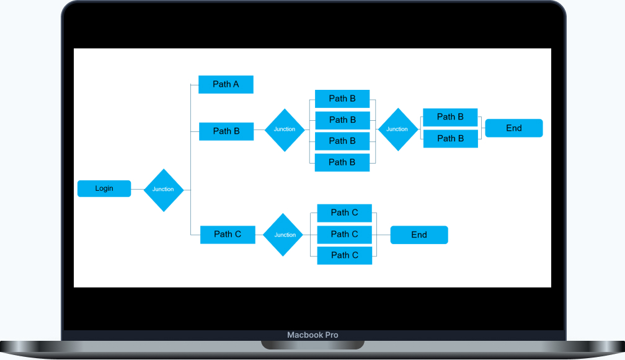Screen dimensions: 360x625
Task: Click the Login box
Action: [104, 188]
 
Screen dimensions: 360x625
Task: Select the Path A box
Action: [226, 84]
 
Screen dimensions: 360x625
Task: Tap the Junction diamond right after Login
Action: [164, 190]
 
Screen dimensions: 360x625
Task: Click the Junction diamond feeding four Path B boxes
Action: [285, 130]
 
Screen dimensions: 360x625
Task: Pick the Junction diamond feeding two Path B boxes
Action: [397, 130]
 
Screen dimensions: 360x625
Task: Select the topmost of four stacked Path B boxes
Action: [342, 99]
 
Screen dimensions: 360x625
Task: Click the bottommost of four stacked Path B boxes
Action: [342, 162]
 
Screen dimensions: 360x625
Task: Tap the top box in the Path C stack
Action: [345, 213]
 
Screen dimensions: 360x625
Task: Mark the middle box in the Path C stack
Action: [345, 234]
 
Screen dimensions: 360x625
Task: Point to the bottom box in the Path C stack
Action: [345, 255]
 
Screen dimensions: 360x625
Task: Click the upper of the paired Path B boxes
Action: [450, 117]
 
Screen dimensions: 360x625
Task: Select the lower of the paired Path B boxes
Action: [450, 139]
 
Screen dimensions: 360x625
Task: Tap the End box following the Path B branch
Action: [514, 128]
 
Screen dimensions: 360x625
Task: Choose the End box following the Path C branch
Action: [419, 235]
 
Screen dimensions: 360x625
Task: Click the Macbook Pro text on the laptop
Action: [312, 335]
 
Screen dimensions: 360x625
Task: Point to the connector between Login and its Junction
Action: [137, 189]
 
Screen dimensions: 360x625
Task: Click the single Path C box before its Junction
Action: [228, 234]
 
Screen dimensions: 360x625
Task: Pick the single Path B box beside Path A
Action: [226, 131]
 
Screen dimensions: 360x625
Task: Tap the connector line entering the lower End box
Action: [384, 235]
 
